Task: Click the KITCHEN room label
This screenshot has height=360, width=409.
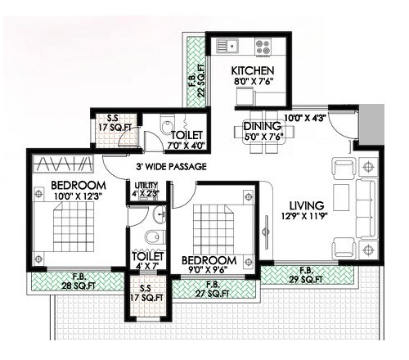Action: point(252,70)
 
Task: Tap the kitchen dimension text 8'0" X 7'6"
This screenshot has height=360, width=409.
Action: point(252,83)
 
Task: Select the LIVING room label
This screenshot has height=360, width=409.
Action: point(307,205)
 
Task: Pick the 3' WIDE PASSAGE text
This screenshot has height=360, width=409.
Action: point(171,167)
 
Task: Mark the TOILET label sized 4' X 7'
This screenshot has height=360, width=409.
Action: point(147,261)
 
